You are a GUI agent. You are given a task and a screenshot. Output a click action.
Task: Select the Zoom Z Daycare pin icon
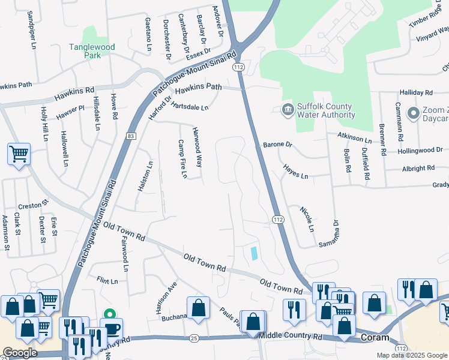coord(413,113)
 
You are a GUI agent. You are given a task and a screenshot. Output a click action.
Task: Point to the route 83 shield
coord(131,137)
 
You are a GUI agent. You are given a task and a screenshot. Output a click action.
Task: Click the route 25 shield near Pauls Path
coord(193,338)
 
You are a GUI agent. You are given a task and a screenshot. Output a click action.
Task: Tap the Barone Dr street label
coord(277,145)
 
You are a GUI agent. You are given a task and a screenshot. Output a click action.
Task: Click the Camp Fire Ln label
coord(184,159)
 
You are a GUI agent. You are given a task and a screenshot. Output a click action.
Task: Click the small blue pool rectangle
coord(254,253)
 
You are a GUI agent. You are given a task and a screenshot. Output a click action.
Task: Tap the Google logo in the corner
coord(20,352)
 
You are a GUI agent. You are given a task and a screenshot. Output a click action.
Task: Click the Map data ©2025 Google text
coord(412,355)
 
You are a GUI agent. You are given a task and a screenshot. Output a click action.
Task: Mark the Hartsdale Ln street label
coord(190,107)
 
